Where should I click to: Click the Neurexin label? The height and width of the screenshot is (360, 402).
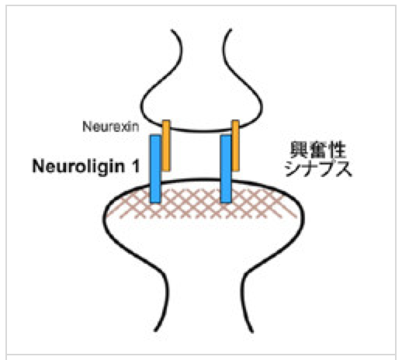click(111, 126)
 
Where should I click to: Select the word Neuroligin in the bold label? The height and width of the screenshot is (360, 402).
click(78, 166)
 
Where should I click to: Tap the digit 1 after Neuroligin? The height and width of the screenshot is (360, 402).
click(135, 166)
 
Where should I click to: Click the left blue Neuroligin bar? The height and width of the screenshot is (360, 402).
click(155, 169)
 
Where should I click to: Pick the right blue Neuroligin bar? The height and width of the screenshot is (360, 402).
click(226, 169)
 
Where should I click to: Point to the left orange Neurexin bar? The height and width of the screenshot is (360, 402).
click(166, 145)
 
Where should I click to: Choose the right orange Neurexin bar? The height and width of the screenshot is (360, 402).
click(235, 145)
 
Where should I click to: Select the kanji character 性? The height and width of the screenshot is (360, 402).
click(337, 150)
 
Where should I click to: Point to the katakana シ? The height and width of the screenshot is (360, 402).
click(293, 168)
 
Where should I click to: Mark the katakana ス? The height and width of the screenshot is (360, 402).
click(344, 168)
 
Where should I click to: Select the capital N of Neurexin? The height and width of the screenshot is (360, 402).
click(87, 126)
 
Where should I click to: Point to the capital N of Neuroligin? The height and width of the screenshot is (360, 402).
click(38, 166)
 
